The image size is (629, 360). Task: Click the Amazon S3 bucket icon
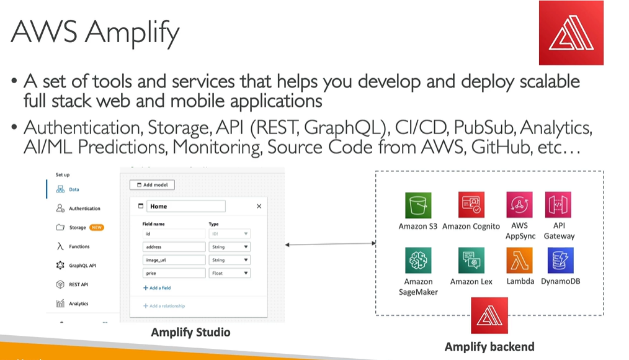click(418, 205)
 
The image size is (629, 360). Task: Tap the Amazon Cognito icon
click(471, 205)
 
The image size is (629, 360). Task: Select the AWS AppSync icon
click(519, 205)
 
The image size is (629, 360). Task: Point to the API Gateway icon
click(558, 205)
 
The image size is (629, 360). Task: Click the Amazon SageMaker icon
click(418, 261)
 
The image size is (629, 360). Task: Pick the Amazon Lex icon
click(471, 261)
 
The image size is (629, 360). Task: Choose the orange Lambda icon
click(519, 261)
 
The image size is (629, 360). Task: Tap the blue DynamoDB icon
click(560, 261)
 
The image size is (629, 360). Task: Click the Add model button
click(153, 185)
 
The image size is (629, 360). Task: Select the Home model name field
click(186, 206)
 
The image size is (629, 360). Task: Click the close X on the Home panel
click(259, 206)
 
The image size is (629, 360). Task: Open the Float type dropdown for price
click(230, 273)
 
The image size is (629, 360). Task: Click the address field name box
click(174, 247)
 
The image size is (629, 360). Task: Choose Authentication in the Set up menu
click(84, 209)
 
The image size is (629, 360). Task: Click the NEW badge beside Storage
click(97, 228)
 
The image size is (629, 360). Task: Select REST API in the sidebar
click(78, 284)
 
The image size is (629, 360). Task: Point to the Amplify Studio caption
click(190, 333)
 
